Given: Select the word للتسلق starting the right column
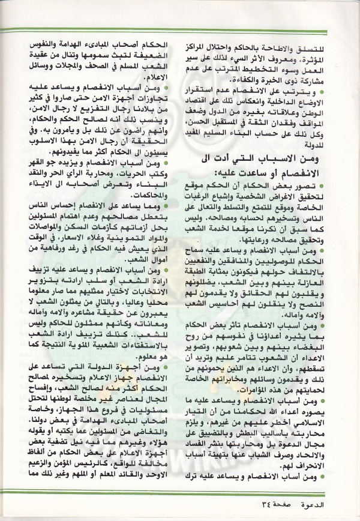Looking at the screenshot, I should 322,47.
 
